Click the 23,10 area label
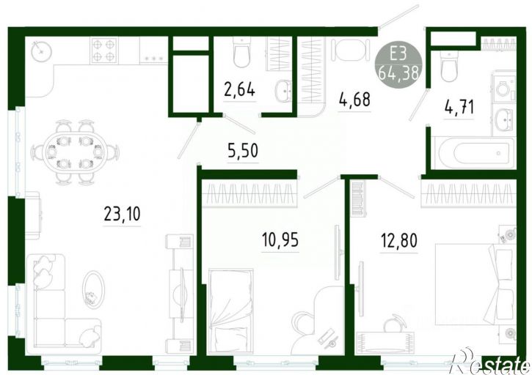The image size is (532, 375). (122, 214)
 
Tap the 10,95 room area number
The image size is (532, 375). (280, 240)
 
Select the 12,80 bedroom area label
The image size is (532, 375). (399, 241)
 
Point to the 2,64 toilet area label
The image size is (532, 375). (239, 90)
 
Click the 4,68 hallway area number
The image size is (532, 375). (354, 100)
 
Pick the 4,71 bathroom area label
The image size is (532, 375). (459, 108)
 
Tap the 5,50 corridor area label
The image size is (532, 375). (243, 151)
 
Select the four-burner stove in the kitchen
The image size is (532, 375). (103, 51)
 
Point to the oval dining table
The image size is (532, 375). (76, 152)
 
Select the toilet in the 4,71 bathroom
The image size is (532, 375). (449, 67)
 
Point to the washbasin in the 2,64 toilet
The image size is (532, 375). (283, 91)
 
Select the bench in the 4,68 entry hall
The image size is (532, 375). (351, 50)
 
